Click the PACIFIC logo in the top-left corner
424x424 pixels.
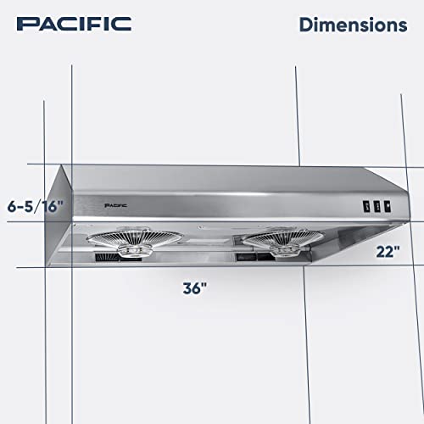75,23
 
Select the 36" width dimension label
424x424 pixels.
194,288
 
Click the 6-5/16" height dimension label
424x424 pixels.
36,206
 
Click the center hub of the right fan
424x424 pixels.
273,243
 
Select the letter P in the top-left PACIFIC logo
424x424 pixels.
25,23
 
